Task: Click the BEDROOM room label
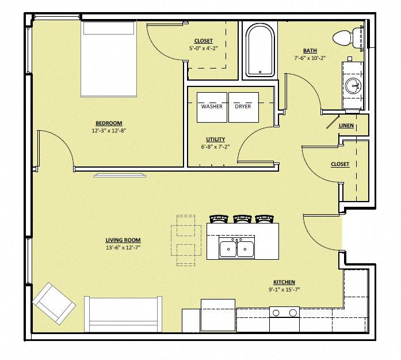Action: click(x=109, y=123)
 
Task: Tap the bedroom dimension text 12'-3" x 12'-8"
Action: click(x=109, y=130)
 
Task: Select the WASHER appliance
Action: click(x=212, y=107)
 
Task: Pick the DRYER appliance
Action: click(x=243, y=107)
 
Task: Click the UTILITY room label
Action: click(x=215, y=139)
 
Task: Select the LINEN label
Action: click(x=346, y=126)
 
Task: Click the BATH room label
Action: click(x=310, y=51)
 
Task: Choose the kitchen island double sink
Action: click(x=237, y=249)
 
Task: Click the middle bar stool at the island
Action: click(x=242, y=219)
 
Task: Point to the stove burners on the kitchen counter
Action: click(x=285, y=313)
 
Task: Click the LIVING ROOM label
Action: click(x=123, y=240)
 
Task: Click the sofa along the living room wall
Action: click(x=124, y=314)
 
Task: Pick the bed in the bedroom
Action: click(x=109, y=59)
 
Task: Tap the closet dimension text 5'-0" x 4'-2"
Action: click(x=203, y=48)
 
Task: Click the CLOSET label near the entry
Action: click(x=339, y=164)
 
